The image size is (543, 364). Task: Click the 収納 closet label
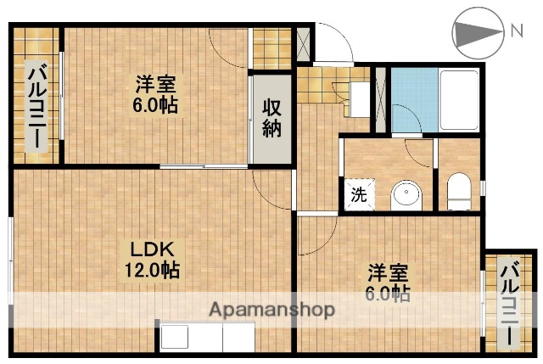click(x=271, y=118)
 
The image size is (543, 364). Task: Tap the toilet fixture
click(x=458, y=192)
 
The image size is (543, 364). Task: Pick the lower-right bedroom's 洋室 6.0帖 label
click(x=389, y=283)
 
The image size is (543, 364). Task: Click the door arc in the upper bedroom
click(x=229, y=48)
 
